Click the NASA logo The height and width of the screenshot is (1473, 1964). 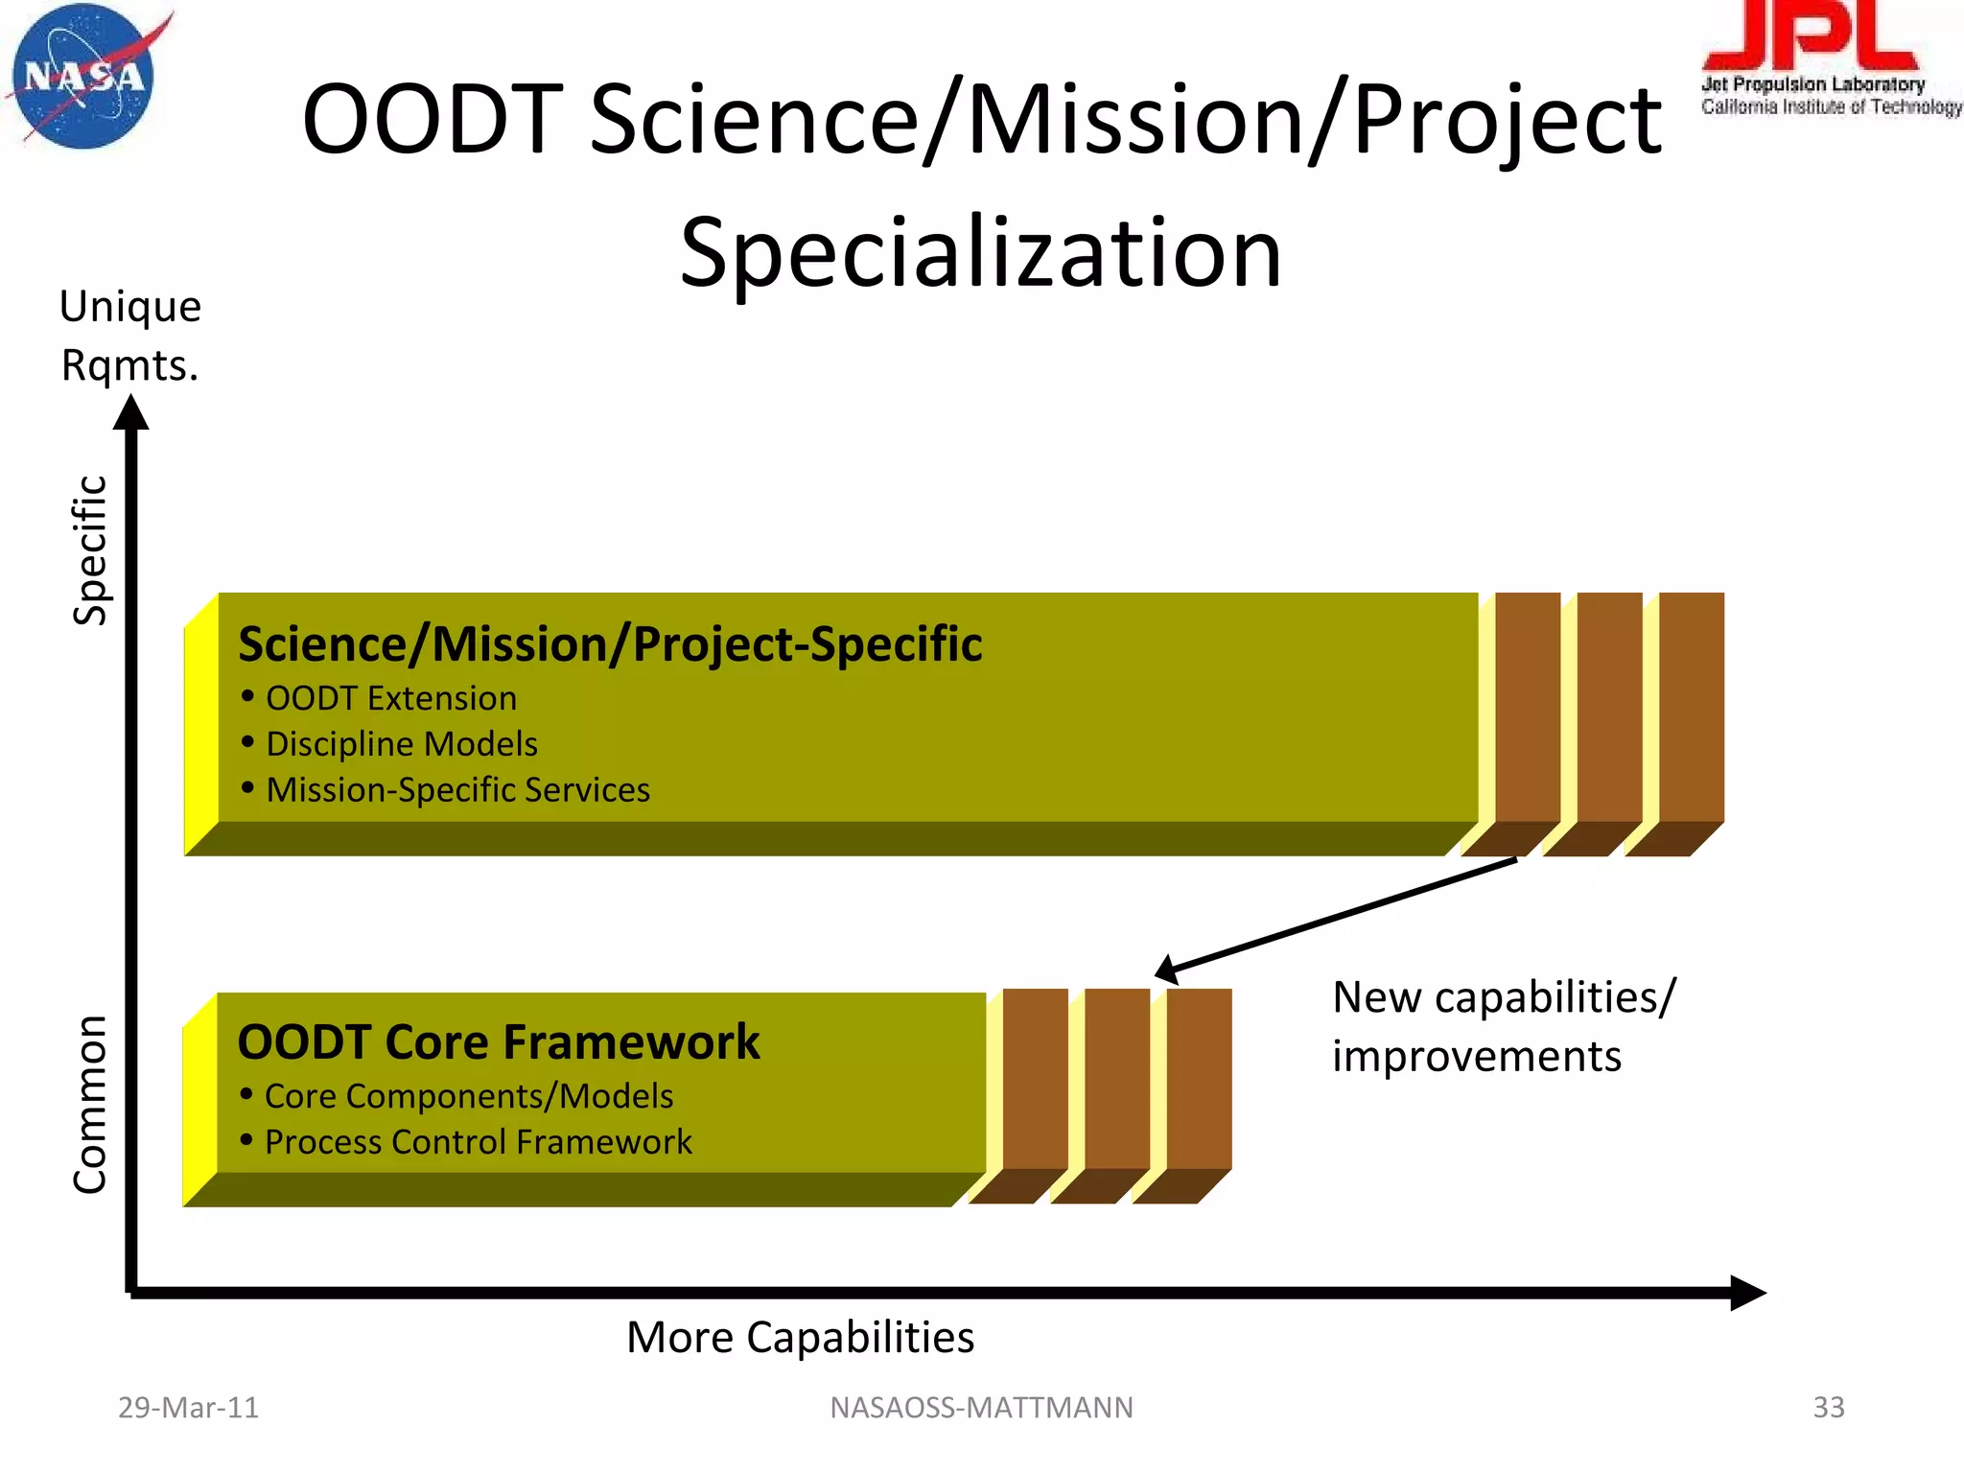[84, 77]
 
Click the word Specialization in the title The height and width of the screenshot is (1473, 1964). [980, 252]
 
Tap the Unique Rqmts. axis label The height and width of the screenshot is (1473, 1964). [129, 336]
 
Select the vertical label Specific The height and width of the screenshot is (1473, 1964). [91, 549]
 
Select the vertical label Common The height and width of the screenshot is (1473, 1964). [91, 1104]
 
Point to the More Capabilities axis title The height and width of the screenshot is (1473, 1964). [800, 1337]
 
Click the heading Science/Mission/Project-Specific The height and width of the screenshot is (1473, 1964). [610, 643]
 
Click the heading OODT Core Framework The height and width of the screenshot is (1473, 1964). [498, 1042]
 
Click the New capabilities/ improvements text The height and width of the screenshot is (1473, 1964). [1503, 1026]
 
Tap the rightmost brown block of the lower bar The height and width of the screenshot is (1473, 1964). [1199, 1080]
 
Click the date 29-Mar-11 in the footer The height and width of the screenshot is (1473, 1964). [188, 1408]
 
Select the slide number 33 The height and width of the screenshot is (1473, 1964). [1828, 1408]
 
